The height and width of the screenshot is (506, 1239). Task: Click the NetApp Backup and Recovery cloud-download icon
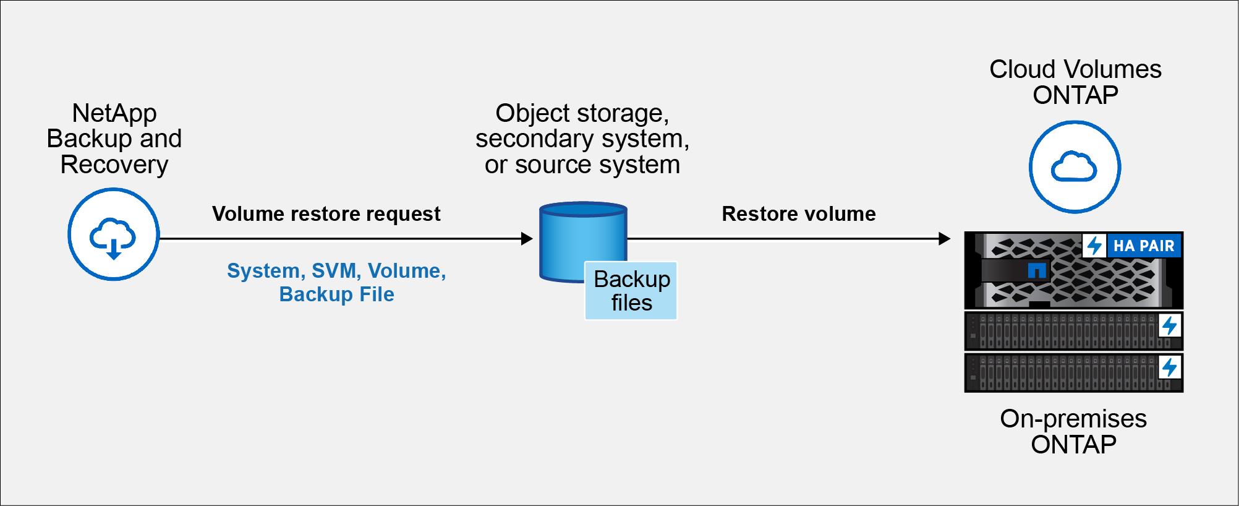[x=114, y=234]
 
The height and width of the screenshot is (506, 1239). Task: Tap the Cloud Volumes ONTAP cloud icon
[x=1075, y=167]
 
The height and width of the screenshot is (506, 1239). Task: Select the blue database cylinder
[x=569, y=241]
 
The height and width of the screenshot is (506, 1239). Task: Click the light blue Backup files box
[x=631, y=291]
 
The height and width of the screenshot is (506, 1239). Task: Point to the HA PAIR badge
[x=1143, y=246]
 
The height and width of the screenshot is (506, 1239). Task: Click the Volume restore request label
[x=326, y=214]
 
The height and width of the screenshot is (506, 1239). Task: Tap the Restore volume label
[x=798, y=214]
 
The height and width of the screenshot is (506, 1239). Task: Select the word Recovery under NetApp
[x=114, y=165]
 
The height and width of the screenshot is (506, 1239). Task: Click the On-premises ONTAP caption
[x=1073, y=432]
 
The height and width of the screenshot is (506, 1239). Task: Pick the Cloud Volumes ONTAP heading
[x=1075, y=82]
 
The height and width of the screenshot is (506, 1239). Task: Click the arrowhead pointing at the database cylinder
[x=527, y=239]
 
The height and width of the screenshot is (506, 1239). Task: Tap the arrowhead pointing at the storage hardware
[x=944, y=239]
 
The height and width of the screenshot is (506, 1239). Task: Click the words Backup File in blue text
[x=336, y=294]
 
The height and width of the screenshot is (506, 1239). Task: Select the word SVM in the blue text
[x=334, y=271]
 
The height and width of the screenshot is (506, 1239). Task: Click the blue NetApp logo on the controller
[x=1036, y=270]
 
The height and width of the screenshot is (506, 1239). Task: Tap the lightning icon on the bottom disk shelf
[x=1169, y=367]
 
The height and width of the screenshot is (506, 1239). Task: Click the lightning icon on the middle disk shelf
[x=1169, y=325]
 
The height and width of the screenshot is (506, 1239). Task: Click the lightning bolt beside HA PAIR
[x=1094, y=246]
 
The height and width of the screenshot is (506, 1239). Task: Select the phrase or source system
[x=582, y=165]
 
